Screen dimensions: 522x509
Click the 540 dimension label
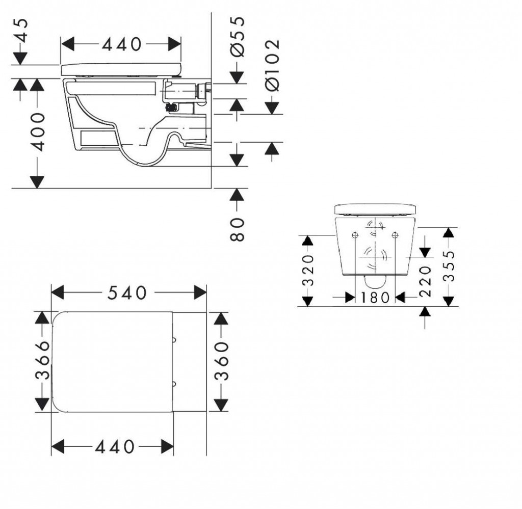click(127, 293)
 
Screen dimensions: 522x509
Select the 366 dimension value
click(42, 360)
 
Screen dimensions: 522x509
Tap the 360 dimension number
click(221, 361)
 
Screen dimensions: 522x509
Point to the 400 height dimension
click(37, 132)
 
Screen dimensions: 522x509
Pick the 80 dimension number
click(237, 229)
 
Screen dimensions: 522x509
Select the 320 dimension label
click(308, 270)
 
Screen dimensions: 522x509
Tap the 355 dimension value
click(449, 266)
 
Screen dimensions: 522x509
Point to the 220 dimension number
click(425, 281)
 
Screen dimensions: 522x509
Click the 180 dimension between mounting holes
click(375, 298)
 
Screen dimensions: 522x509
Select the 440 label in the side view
click(121, 44)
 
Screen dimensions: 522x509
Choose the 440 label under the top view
click(115, 447)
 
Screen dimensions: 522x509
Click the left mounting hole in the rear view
click(355, 235)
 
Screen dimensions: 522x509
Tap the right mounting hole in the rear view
click(395, 235)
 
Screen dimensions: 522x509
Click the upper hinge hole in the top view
click(174, 340)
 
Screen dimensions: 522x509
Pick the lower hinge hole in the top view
click(174, 384)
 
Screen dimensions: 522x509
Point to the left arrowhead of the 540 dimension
click(57, 293)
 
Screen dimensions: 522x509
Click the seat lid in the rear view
click(375, 209)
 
